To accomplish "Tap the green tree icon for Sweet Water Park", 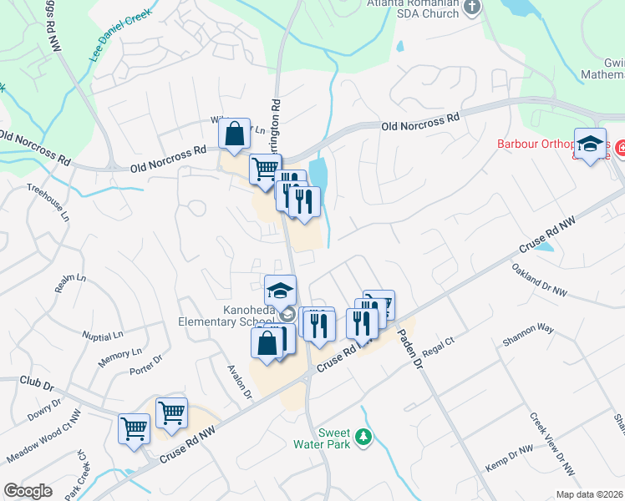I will pyautogui.click(x=363, y=437).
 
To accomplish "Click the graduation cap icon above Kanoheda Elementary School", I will pyautogui.click(x=280, y=291).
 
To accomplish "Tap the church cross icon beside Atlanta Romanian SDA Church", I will pyautogui.click(x=472, y=8).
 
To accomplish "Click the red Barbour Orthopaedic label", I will pyautogui.click(x=535, y=144).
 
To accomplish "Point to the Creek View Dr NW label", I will pyautogui.click(x=551, y=443).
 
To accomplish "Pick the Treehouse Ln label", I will pyautogui.click(x=48, y=200).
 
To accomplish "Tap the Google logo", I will pyautogui.click(x=28, y=490).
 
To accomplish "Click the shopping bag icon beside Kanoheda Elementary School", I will pyautogui.click(x=267, y=343).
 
